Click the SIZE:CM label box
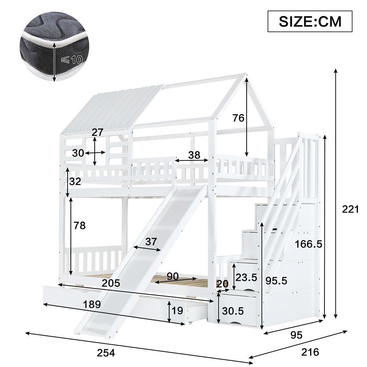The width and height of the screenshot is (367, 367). pyautogui.click(x=310, y=21)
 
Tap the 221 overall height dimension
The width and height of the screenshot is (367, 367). pyautogui.click(x=350, y=209)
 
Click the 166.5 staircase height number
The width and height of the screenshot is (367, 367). pyautogui.click(x=309, y=244)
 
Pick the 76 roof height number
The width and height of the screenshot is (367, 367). pyautogui.click(x=238, y=118)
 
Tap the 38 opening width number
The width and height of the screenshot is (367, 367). pyautogui.click(x=194, y=155)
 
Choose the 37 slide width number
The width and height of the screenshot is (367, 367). pyautogui.click(x=151, y=241)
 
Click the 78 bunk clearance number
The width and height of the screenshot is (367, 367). pyautogui.click(x=80, y=225)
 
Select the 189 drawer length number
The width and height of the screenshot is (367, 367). pyautogui.click(x=92, y=304)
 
